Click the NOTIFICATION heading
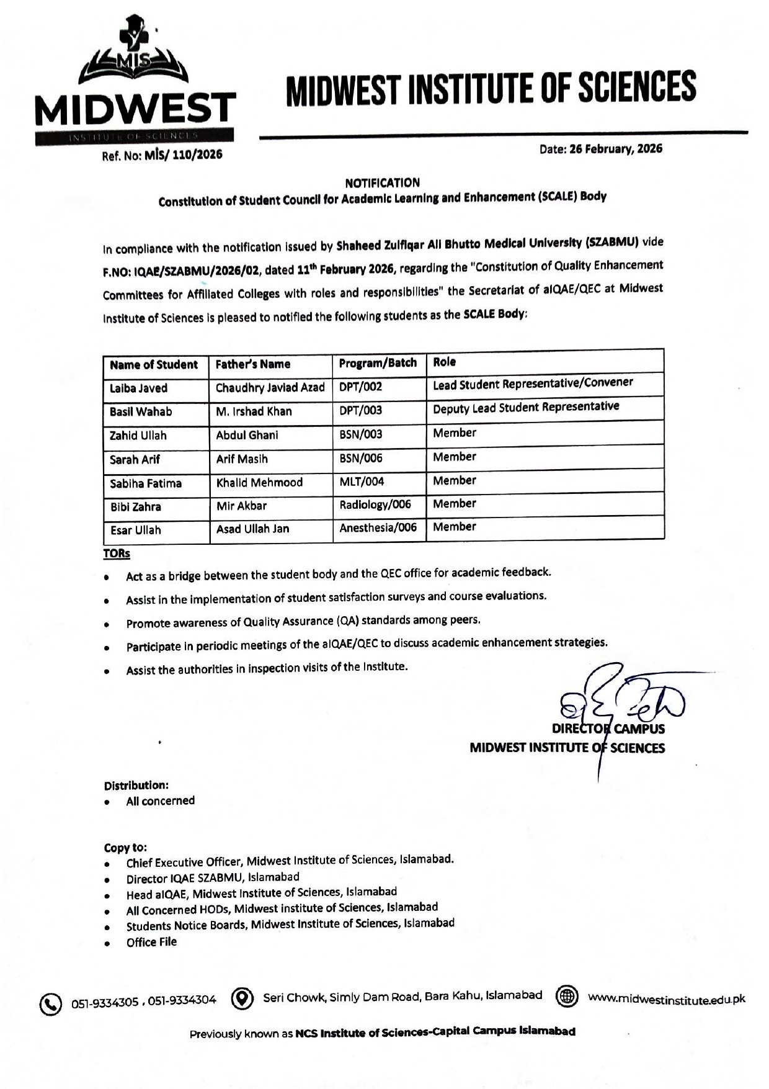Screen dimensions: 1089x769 click(382, 182)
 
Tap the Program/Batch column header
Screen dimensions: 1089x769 click(378, 363)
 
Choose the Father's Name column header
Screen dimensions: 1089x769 click(252, 364)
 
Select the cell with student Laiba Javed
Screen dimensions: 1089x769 click(139, 388)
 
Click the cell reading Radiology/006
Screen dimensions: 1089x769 click(375, 504)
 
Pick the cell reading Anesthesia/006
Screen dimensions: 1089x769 click(378, 528)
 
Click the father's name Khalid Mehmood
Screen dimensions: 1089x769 click(259, 482)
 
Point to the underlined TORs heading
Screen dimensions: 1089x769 click(117, 553)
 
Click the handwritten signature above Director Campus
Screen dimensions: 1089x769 click(620, 698)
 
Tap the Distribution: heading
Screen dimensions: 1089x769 click(136, 786)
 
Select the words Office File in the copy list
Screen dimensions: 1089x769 click(151, 942)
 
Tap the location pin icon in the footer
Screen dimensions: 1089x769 click(242, 998)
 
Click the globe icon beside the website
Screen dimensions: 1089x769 click(567, 997)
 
